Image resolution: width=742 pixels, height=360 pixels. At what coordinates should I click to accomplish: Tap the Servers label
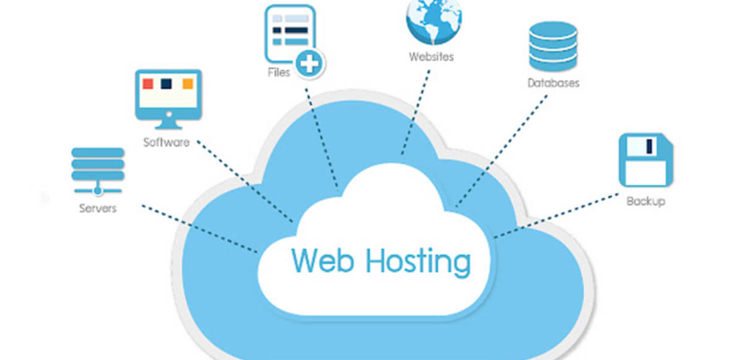click(98, 207)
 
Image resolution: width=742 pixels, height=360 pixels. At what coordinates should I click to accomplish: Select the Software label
click(166, 143)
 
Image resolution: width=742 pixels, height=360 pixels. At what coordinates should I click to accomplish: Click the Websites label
click(431, 57)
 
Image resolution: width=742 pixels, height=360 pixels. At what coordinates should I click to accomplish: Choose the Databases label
click(553, 82)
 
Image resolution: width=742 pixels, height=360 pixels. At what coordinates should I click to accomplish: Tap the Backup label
click(645, 201)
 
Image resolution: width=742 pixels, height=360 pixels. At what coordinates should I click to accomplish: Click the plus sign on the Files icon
click(309, 65)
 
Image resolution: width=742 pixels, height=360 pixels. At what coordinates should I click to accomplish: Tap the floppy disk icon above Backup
click(645, 159)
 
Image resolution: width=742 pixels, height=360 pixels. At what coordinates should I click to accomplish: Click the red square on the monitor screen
click(147, 84)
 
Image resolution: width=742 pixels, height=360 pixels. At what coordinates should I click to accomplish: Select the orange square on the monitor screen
click(188, 84)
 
